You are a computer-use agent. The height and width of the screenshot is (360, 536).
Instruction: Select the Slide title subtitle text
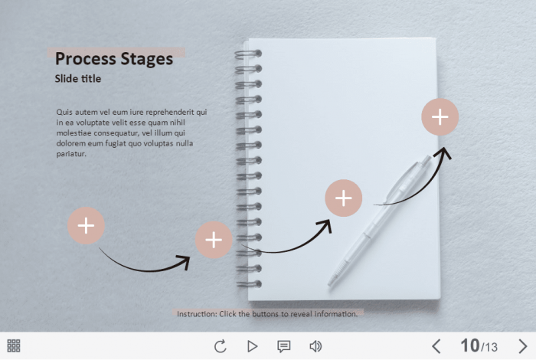pos(78,79)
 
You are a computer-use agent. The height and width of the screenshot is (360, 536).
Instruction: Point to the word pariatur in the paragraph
pos(70,154)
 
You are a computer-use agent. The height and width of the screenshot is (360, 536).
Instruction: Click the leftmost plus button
pos(86,226)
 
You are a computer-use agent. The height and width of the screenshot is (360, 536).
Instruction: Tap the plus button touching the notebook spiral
pos(214,240)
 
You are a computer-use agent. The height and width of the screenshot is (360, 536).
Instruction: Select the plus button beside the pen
pos(343,198)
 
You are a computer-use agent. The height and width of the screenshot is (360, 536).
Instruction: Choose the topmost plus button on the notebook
pos(440,117)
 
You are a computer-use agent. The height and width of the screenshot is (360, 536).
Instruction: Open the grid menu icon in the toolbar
pos(14,345)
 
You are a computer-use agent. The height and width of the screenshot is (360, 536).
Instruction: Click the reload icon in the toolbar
pos(221,346)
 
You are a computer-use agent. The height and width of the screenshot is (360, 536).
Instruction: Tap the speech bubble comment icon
pos(284,346)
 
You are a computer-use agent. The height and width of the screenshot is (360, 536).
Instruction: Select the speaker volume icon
pos(315,346)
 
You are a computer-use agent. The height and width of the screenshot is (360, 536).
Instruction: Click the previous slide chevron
pos(436,346)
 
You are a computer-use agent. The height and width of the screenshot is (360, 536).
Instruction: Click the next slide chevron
pos(523,346)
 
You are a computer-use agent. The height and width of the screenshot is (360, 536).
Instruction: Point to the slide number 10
pos(470,345)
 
